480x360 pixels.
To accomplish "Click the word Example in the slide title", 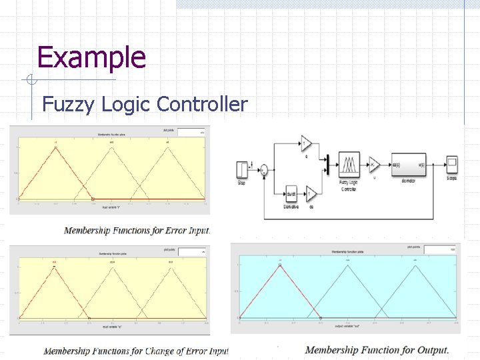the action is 91,57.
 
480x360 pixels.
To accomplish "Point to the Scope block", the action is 452,163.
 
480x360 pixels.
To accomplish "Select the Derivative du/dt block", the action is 291,193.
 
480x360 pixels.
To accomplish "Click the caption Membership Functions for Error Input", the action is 137,231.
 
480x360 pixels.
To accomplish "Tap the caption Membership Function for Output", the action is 377,349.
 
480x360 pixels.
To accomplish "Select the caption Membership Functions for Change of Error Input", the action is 136,351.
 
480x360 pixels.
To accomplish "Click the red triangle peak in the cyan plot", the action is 280,265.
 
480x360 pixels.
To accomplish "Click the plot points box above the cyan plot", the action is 439,249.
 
